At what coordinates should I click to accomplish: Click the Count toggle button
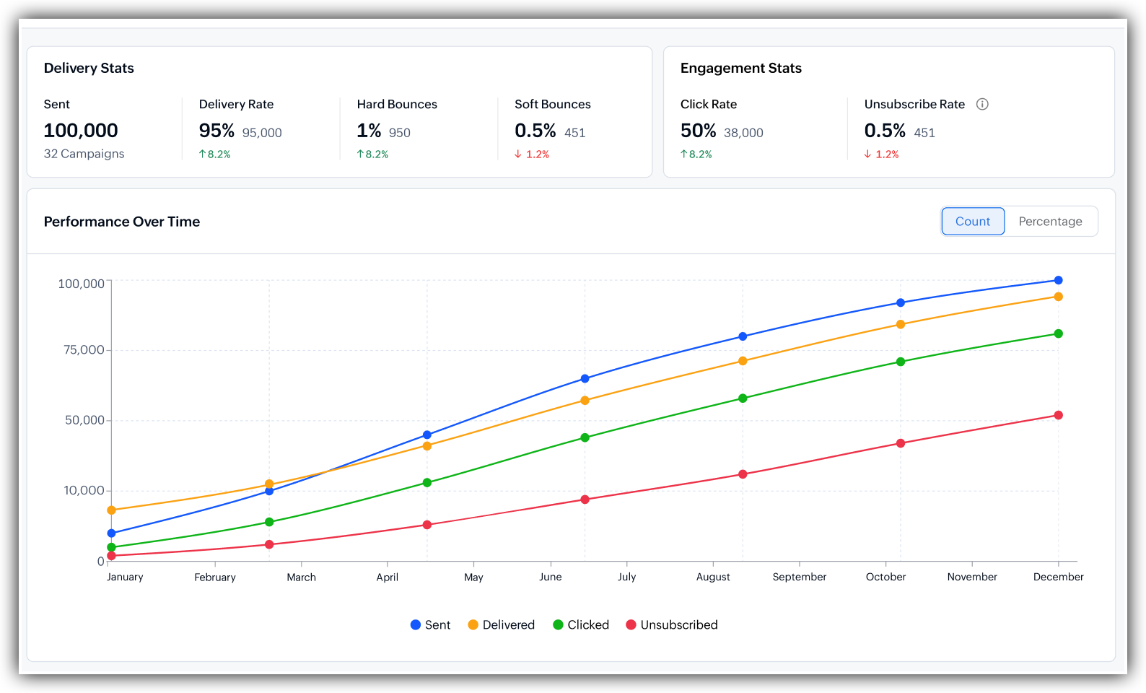point(973,221)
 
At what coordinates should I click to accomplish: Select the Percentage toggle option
point(1050,221)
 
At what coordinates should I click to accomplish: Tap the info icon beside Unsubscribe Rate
point(981,104)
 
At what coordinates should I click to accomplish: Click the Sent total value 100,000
point(81,131)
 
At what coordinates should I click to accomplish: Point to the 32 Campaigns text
point(84,154)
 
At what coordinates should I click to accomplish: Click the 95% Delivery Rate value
point(216,131)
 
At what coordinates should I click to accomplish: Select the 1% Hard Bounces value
point(369,131)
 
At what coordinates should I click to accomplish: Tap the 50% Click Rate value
point(698,131)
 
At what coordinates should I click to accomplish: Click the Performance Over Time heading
point(122,222)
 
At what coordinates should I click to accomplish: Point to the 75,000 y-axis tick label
point(84,349)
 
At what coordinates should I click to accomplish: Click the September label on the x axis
point(799,577)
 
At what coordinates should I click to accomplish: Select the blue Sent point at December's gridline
point(1059,280)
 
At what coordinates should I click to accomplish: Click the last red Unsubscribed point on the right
point(1059,415)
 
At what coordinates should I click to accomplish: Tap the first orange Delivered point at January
point(112,510)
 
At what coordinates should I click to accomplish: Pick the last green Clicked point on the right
point(1059,334)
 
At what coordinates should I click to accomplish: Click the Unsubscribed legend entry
point(672,625)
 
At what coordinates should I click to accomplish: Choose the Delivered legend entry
point(502,625)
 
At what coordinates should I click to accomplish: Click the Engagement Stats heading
point(741,68)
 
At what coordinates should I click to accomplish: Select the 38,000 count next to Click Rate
point(743,133)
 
